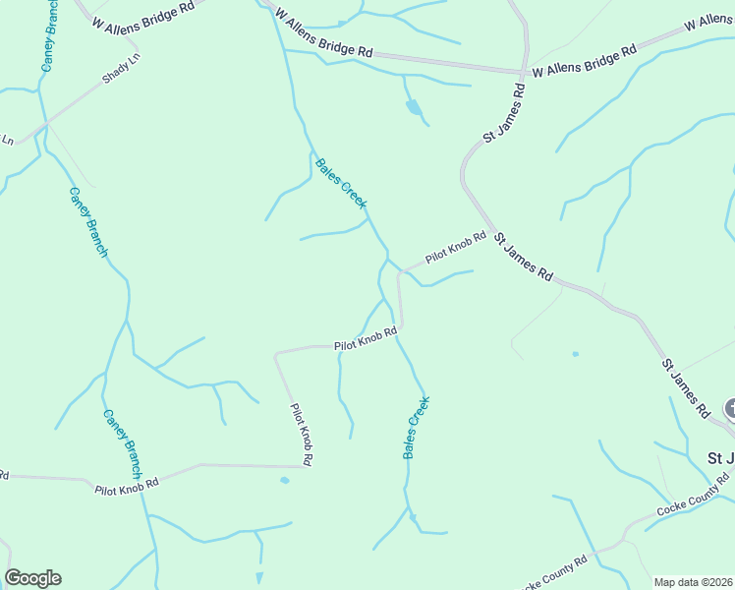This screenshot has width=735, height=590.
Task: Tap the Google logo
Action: coord(32,578)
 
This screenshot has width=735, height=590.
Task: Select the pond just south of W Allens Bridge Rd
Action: coord(413,106)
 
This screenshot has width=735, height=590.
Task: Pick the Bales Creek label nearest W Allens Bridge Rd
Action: coord(340,183)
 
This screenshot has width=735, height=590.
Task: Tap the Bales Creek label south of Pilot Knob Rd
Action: coord(417,428)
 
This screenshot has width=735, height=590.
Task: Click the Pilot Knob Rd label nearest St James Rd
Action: coord(456,248)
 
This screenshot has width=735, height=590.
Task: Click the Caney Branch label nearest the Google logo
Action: coord(123,438)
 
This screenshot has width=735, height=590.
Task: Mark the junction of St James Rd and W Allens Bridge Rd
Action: coord(522,72)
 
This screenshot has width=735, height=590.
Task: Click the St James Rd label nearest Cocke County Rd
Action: coord(685,388)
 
